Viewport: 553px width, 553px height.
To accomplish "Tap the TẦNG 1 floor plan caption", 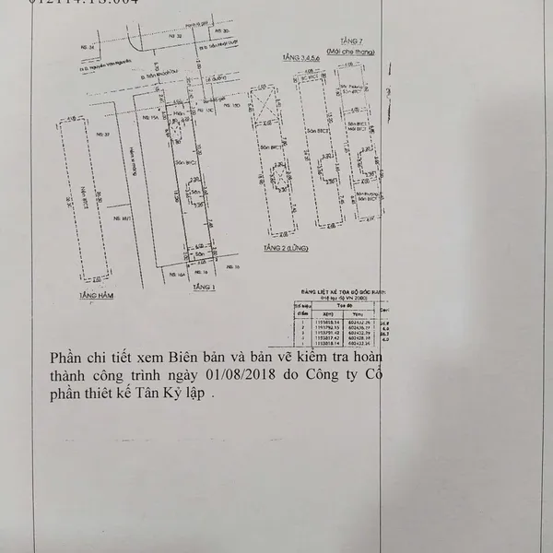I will click(204, 288).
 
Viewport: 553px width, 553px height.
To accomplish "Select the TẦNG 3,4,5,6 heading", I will click(292, 59).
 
